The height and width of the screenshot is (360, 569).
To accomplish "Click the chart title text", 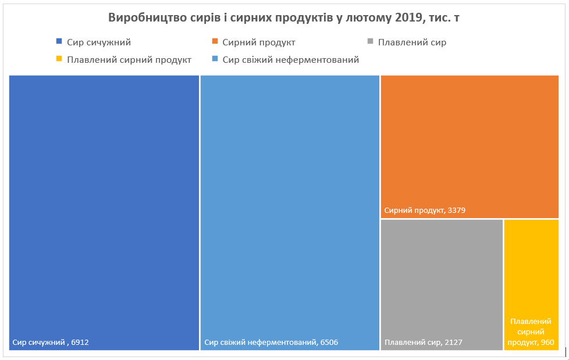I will coord(284,18).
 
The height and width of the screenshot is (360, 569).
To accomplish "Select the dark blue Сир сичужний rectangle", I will coord(104,204).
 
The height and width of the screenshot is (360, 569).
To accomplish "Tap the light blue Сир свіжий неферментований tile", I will coord(290,204).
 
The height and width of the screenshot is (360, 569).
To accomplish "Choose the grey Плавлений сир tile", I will coord(442,279).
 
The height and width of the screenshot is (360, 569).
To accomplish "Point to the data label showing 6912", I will coord(51,343).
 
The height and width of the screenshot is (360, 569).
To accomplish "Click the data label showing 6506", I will coord(271,343).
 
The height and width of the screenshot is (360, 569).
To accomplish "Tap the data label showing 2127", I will coord(424,343).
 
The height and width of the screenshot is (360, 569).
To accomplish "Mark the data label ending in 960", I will coord(531,332).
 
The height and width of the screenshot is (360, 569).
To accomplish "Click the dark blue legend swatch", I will coord(59,42).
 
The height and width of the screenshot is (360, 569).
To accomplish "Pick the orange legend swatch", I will coord(215,42).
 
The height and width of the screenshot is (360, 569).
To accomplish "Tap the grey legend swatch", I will coord(369,42).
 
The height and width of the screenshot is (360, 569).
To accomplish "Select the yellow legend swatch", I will coord(59,59).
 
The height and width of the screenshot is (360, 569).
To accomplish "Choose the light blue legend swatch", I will coord(215,59).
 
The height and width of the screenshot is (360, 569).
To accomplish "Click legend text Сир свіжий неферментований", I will coord(291,59).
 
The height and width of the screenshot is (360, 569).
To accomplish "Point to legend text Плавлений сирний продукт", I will coord(129,59).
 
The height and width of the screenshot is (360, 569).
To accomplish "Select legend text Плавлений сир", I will coord(412,42).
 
